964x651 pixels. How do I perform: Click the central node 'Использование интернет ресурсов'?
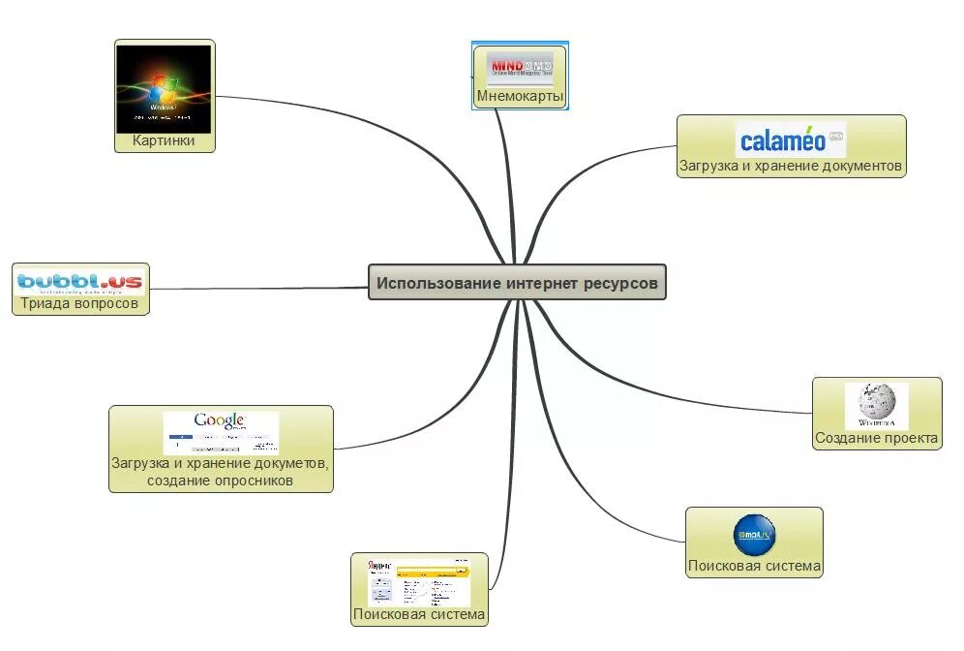point(517,283)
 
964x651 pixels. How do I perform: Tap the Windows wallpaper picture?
point(164,88)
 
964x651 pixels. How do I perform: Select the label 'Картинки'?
point(164,141)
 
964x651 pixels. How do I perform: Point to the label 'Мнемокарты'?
point(520,96)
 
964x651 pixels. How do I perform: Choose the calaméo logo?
point(791,139)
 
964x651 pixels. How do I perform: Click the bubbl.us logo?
point(80,281)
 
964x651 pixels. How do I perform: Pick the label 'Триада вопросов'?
point(80,304)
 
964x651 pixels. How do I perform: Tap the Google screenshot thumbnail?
point(221,432)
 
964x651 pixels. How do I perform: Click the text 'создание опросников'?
point(221,480)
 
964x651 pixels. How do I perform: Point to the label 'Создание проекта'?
point(877,439)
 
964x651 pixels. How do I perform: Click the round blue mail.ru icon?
point(754,536)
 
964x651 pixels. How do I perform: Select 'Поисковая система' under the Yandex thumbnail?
point(419,615)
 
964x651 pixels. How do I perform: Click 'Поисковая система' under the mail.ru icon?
point(754,567)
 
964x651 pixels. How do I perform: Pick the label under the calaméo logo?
point(791,167)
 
